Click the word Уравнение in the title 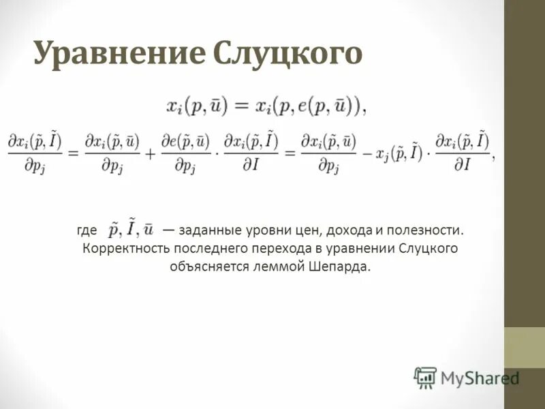tap(119, 54)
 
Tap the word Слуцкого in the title tap(287, 54)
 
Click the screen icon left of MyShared tap(425, 377)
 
